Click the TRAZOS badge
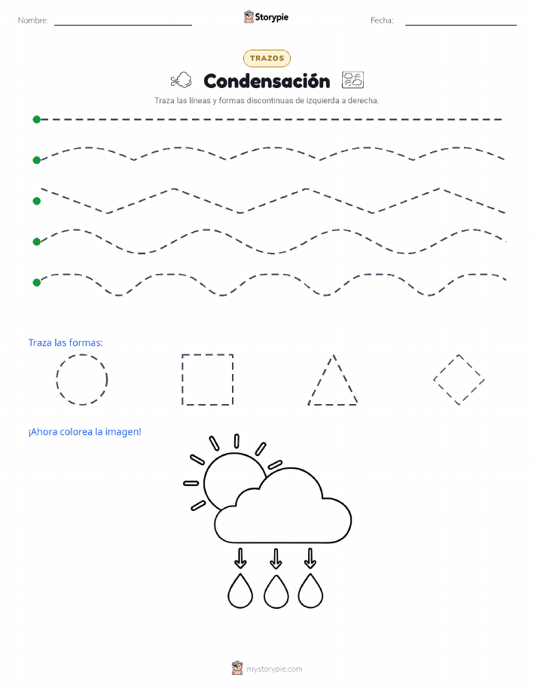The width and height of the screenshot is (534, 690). pos(267,58)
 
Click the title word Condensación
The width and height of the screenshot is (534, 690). pos(267,81)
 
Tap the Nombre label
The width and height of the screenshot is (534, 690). pos(32,20)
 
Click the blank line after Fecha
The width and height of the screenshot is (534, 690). pos(461,25)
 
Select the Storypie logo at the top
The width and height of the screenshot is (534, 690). pos(266,17)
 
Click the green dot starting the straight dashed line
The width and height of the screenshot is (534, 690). pos(37,119)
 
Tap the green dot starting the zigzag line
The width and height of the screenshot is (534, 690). pos(37,201)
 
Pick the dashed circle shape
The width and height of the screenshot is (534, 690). pos(56,379)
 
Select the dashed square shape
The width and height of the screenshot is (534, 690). pos(182,379)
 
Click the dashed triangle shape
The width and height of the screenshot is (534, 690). pos(321,379)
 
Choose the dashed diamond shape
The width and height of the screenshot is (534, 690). pos(446,367)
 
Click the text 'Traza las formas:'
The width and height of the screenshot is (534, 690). pos(66,343)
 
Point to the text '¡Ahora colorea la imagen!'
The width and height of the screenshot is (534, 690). pos(84,432)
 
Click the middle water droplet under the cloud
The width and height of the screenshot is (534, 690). pos(276,592)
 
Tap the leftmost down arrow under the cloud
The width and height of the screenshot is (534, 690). pos(240,558)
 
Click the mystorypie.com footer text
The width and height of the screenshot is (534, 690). pos(274,669)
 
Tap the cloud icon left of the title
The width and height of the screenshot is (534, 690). pos(181,80)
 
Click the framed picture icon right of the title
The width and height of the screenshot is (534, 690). pos(352,80)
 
